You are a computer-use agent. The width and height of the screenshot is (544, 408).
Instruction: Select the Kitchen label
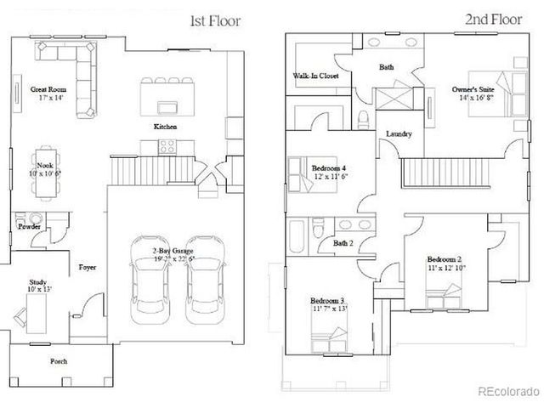pos(165,127)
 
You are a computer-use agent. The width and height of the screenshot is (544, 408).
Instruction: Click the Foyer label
pos(87,267)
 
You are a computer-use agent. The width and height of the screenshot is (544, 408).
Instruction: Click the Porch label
pos(58,361)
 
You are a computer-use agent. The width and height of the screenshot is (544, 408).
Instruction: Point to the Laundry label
pos(399,134)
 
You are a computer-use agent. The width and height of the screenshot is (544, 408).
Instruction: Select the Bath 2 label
pos(343,243)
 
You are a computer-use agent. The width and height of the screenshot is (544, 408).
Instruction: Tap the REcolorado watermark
pos(507,391)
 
